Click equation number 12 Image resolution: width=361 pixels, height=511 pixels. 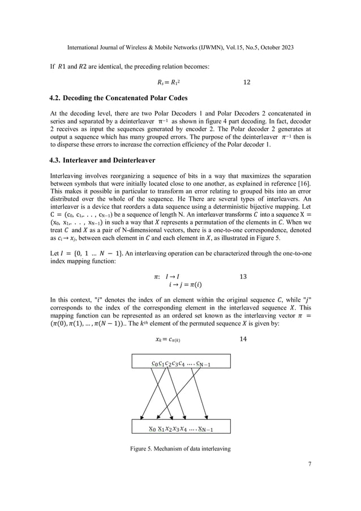coord(246,83)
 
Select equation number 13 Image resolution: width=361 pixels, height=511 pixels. coord(243,277)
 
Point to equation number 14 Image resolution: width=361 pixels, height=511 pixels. coord(243,339)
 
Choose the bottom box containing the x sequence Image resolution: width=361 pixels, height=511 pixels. coord(180,427)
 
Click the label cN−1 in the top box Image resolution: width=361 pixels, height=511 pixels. coord(203,363)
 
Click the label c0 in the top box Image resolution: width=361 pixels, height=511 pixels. coord(155,363)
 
